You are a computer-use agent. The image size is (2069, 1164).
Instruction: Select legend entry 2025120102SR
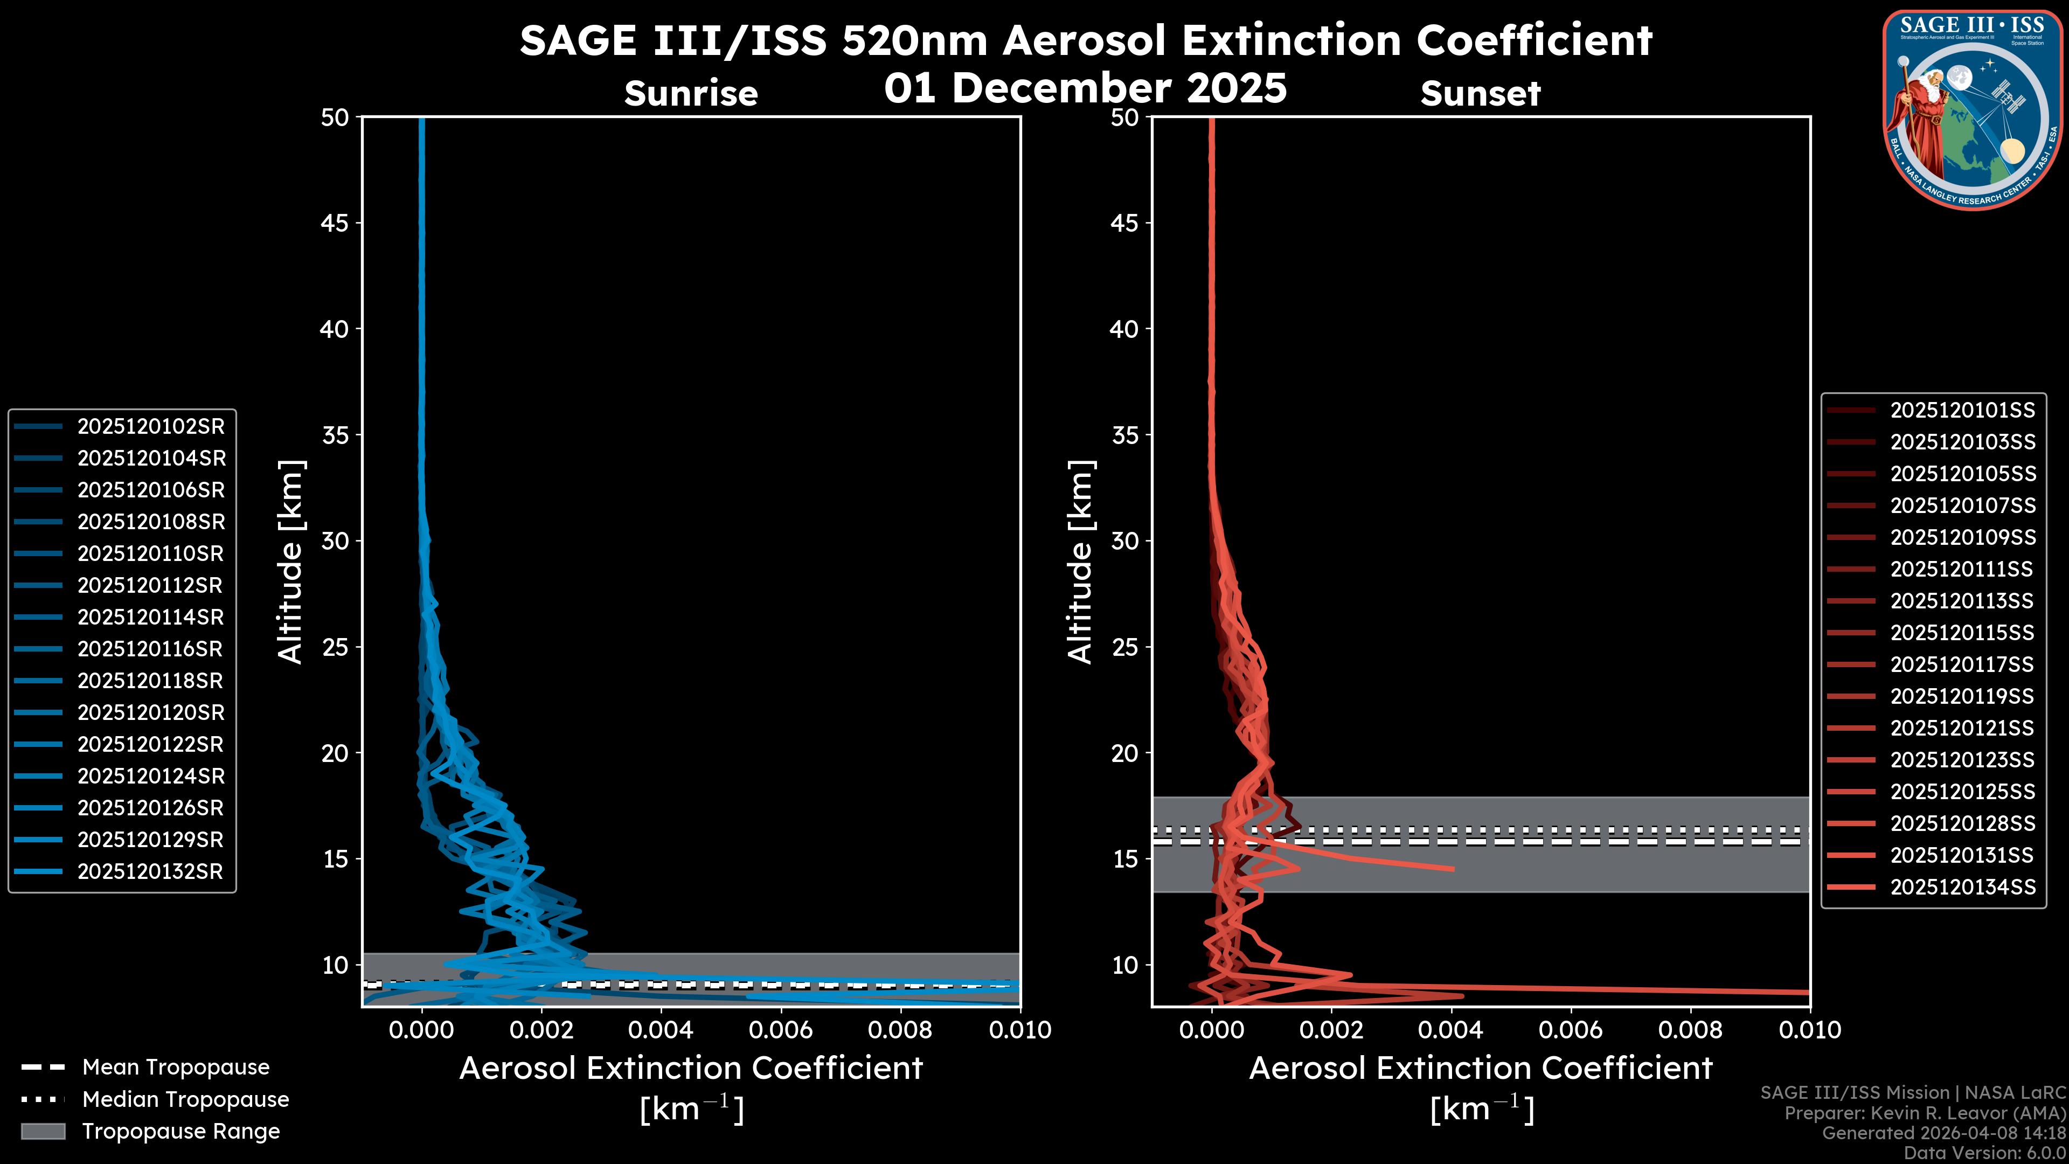pyautogui.click(x=150, y=427)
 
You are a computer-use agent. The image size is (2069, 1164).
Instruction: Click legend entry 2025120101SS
pyautogui.click(x=1962, y=411)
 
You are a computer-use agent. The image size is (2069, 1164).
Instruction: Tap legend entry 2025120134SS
pyautogui.click(x=1962, y=887)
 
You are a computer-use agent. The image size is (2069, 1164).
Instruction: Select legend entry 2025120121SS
pyautogui.click(x=1962, y=729)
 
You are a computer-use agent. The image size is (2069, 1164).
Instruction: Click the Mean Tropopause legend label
pyautogui.click(x=176, y=1068)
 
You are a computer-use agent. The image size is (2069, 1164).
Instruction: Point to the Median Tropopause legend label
pyautogui.click(x=185, y=1100)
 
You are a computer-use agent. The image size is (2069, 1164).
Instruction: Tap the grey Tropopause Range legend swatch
pyautogui.click(x=43, y=1132)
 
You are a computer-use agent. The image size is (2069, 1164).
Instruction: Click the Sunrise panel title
pyautogui.click(x=691, y=94)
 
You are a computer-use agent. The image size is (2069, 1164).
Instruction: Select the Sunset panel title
pyautogui.click(x=1480, y=94)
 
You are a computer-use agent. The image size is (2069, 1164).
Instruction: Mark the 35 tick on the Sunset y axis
pyautogui.click(x=1124, y=435)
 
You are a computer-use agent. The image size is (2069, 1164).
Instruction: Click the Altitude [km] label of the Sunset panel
pyautogui.click(x=1081, y=562)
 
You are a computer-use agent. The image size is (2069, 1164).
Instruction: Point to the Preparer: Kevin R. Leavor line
pyautogui.click(x=1925, y=1113)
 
